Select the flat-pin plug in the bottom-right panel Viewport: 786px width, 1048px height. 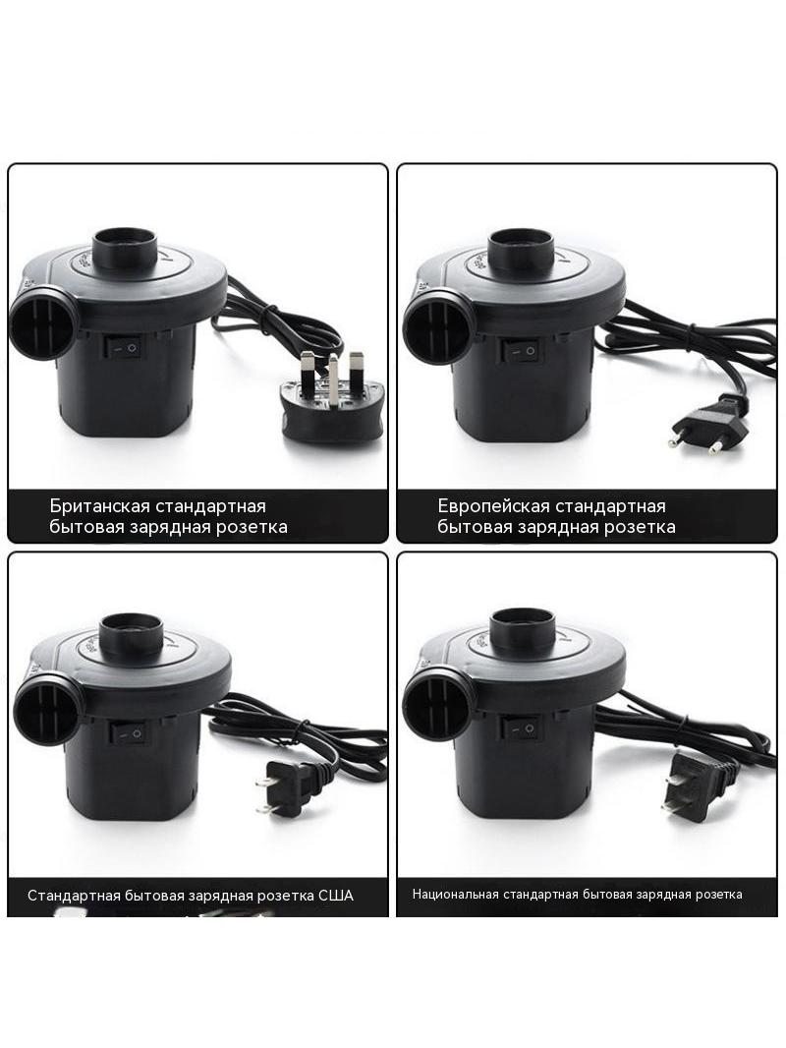[695, 783]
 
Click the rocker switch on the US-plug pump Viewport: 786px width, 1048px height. [129, 733]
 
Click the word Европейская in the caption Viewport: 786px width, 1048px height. [493, 506]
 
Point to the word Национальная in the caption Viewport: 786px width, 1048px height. [456, 895]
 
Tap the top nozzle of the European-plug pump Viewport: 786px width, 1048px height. [521, 249]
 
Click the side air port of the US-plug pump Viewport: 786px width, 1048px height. [48, 709]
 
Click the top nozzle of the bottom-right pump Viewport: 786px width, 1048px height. [523, 631]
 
